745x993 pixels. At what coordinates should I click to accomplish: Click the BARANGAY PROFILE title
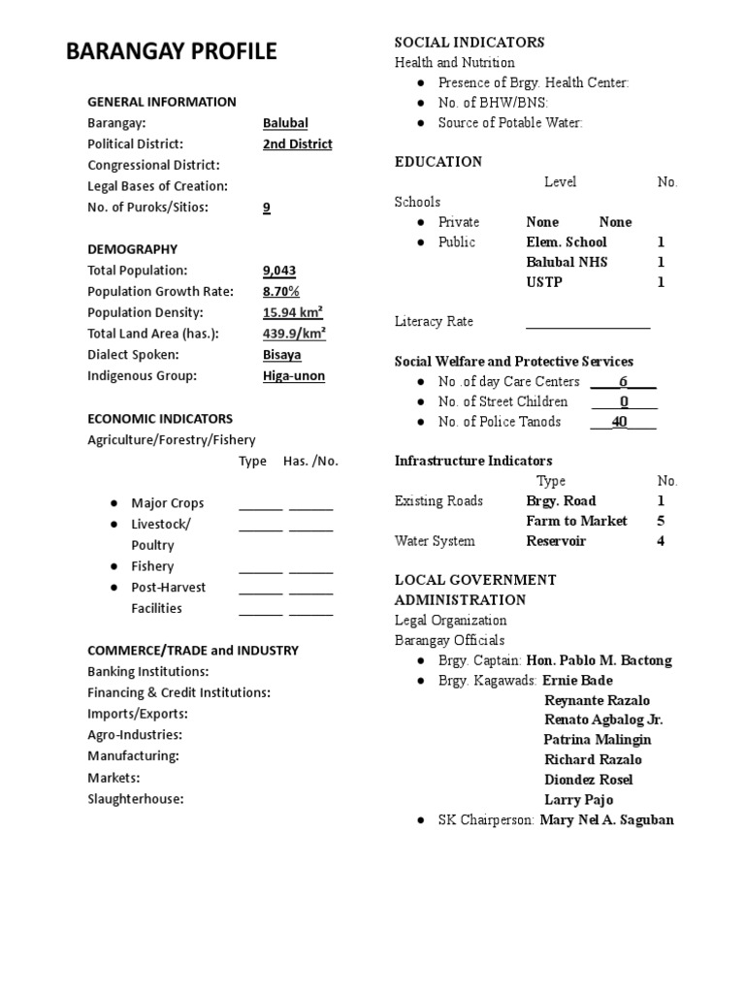pos(171,51)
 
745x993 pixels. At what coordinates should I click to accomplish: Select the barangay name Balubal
pos(285,123)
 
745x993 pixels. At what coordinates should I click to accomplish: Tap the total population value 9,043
pos(280,271)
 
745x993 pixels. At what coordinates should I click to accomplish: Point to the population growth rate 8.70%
pos(281,292)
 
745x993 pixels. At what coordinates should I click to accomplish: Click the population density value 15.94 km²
pos(293,313)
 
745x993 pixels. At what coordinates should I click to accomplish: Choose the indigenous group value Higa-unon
pos(294,376)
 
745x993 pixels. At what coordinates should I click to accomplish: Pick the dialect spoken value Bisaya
pos(281,355)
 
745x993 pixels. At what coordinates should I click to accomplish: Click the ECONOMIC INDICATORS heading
pos(160,419)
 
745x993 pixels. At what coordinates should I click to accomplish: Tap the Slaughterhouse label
pos(136,799)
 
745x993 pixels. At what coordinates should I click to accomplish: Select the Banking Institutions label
pos(148,671)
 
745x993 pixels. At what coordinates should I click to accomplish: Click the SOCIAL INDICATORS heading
pos(469,42)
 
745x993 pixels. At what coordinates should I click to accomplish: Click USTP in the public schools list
pos(544,282)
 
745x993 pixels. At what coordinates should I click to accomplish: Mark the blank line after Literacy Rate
pos(588,323)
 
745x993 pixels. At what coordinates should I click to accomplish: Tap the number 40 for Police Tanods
pos(620,422)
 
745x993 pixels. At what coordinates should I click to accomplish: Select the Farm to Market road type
pos(576,521)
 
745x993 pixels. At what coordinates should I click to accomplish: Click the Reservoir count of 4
pos(661,541)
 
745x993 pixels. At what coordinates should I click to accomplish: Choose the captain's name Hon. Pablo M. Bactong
pos(599,660)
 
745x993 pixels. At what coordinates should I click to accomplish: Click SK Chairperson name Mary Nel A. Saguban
pos(606,819)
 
